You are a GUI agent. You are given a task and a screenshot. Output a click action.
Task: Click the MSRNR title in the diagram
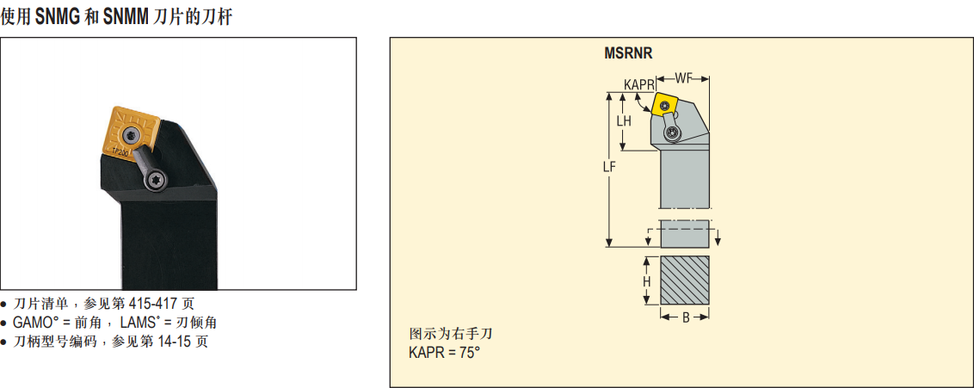[628, 53]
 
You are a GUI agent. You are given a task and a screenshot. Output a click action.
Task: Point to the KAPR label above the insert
[639, 84]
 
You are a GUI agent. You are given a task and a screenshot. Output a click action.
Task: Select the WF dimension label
[683, 78]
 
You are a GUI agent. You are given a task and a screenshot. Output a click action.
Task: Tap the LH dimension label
[624, 121]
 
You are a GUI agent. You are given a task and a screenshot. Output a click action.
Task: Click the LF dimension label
[608, 169]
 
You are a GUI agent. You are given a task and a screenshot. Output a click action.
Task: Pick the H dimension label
[646, 281]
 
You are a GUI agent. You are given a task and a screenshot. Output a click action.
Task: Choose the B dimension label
[685, 317]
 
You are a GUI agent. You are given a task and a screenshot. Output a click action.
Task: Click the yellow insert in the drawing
[663, 104]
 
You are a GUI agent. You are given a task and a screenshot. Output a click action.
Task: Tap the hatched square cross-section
[685, 280]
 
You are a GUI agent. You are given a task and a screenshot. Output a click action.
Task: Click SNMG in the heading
[59, 17]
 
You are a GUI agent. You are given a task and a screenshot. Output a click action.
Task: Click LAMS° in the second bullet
[142, 323]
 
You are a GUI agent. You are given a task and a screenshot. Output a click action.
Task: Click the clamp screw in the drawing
[671, 132]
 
